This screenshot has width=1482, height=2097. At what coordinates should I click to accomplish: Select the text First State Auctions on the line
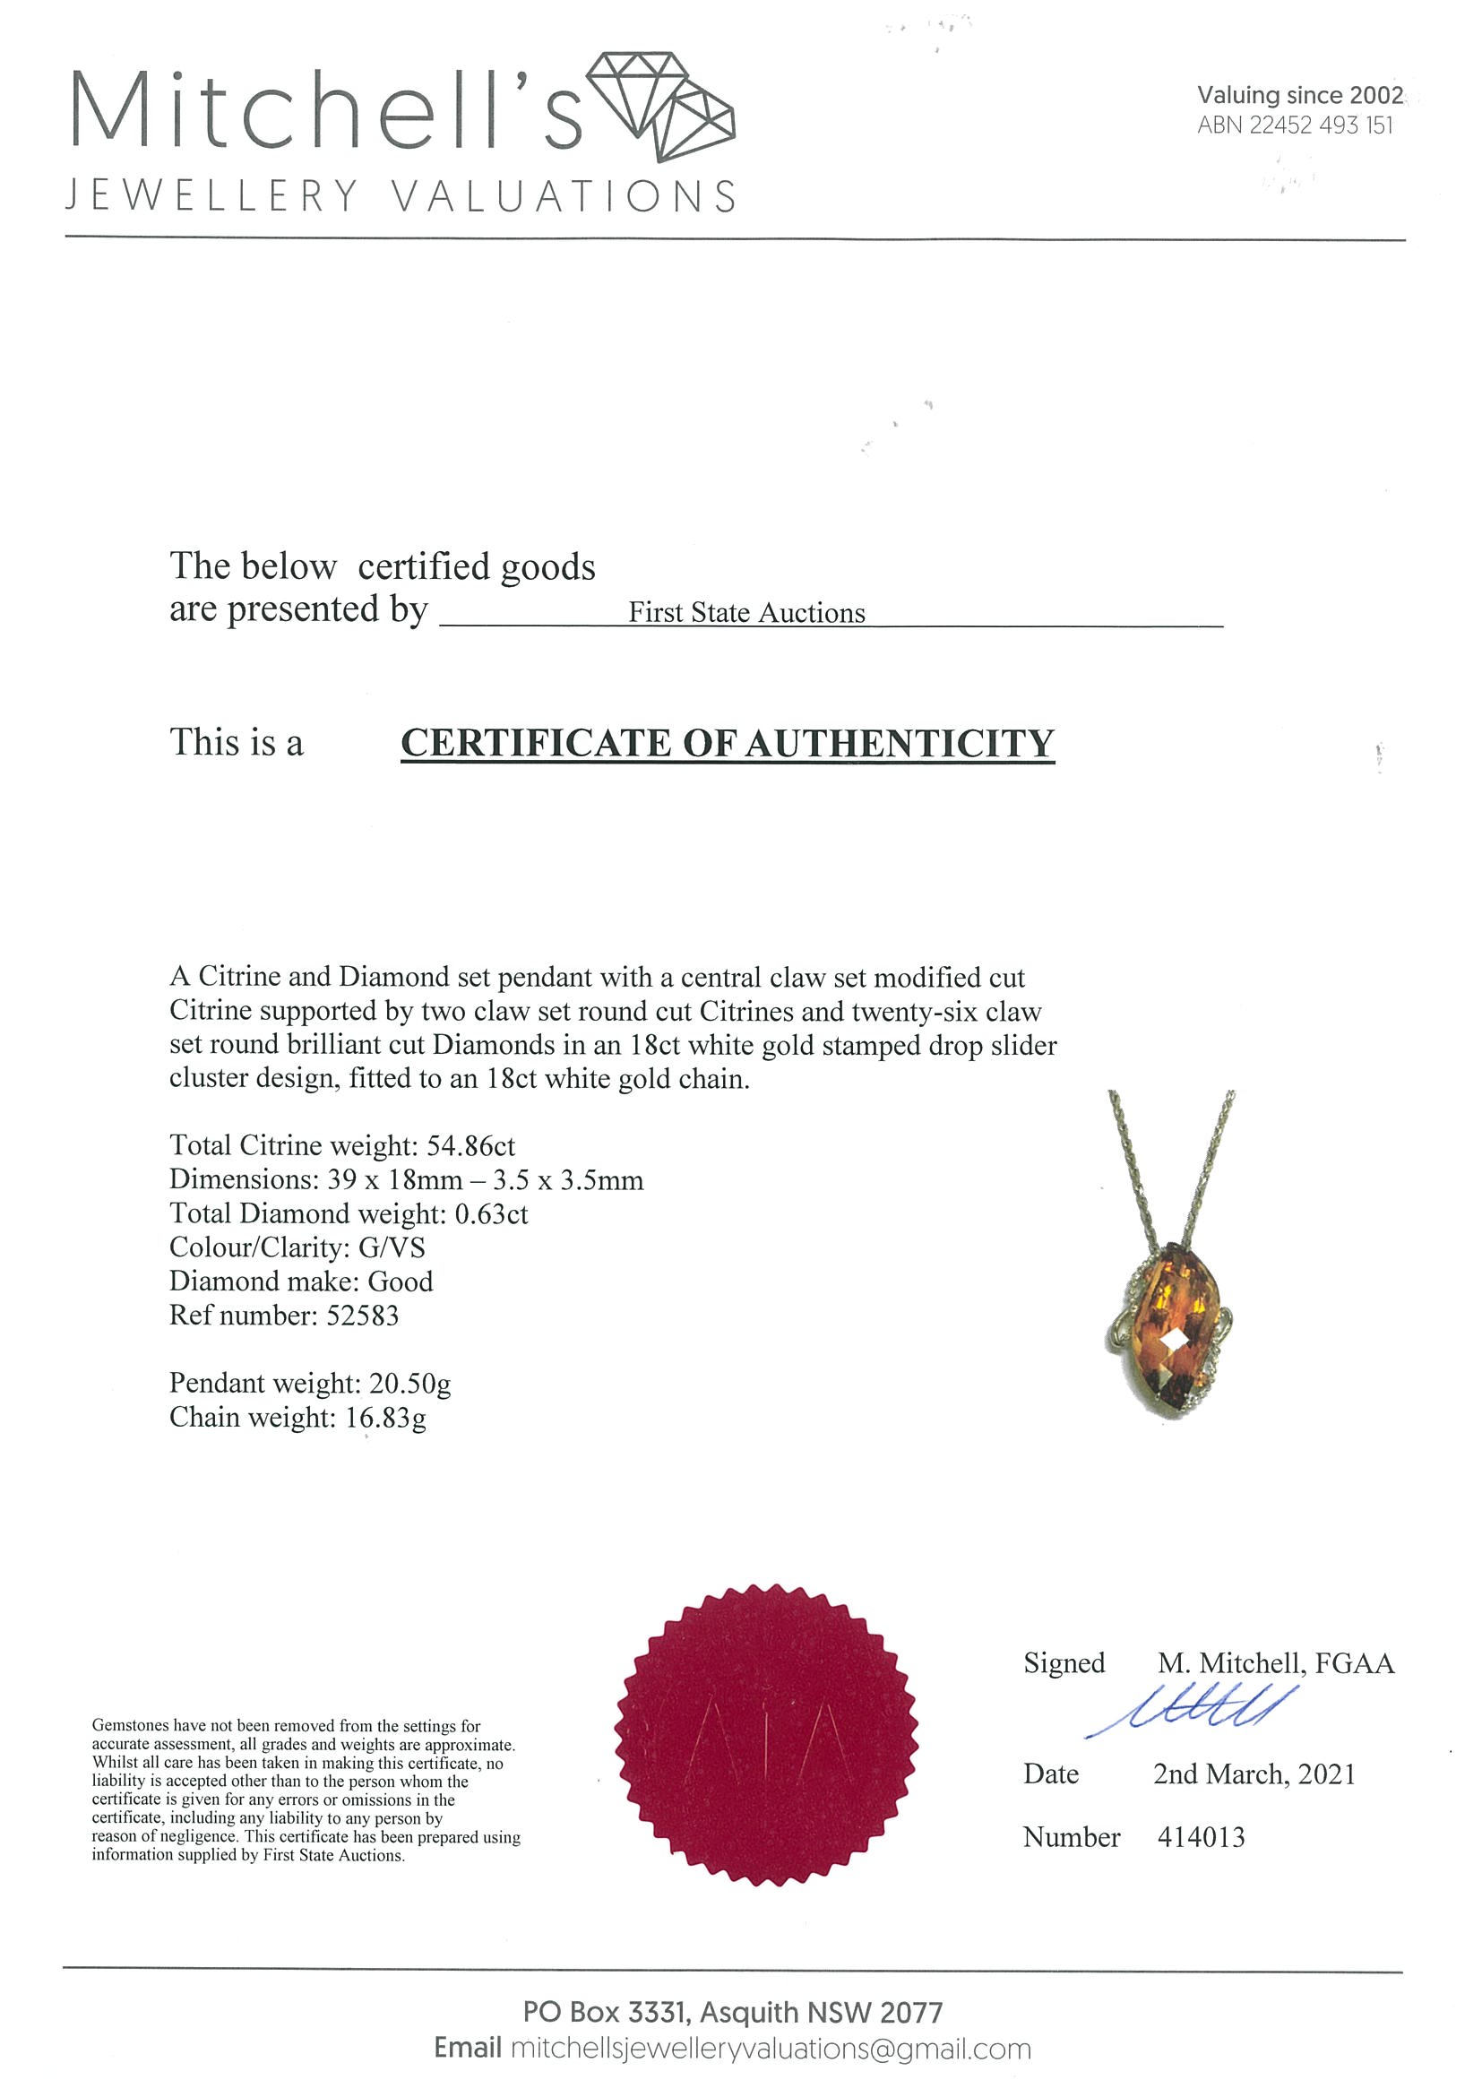746,613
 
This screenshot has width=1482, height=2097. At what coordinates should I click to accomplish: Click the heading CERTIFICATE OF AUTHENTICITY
727,743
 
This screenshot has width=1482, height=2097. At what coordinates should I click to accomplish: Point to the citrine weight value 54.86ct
470,1145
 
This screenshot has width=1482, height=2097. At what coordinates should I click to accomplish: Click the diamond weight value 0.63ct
490,1213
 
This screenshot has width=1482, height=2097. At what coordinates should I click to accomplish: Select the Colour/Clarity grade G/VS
392,1247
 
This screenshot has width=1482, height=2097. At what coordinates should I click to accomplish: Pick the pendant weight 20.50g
409,1384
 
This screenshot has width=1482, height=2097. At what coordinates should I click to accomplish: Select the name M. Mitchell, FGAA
1276,1663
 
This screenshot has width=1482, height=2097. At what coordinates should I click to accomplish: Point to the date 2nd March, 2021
1254,1774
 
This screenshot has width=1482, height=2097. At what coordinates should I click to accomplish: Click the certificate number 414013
1201,1838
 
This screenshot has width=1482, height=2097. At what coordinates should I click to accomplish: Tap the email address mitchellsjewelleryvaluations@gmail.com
770,2049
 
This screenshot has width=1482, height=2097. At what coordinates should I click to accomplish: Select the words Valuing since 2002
1299,95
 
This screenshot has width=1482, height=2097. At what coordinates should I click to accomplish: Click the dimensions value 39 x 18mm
394,1180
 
